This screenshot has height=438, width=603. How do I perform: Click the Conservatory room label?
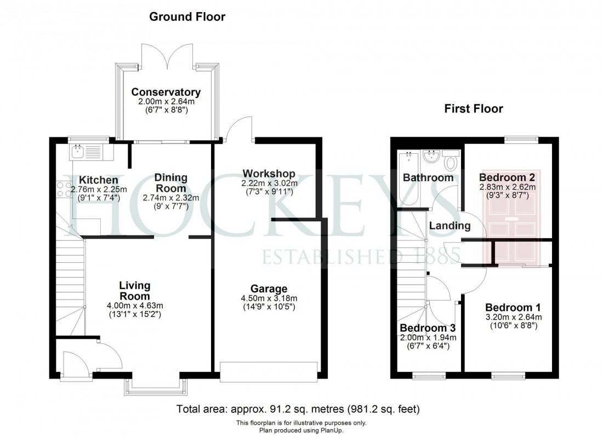(166, 92)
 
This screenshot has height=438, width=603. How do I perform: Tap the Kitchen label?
(98, 180)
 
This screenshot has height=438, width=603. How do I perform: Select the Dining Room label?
(170, 183)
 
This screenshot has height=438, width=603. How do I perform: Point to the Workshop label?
(269, 174)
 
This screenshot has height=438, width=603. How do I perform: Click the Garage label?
(269, 289)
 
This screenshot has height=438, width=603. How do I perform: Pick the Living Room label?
(135, 291)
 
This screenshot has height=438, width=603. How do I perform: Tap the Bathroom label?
(428, 177)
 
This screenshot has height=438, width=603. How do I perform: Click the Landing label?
(450, 226)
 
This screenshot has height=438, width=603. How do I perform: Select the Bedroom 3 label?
(427, 328)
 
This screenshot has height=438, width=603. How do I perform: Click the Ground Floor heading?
(187, 17)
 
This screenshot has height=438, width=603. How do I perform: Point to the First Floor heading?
(473, 108)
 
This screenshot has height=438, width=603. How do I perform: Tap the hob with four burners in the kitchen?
(60, 189)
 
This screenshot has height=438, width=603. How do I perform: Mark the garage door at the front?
(269, 371)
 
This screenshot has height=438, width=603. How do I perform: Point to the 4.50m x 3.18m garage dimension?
(269, 298)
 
